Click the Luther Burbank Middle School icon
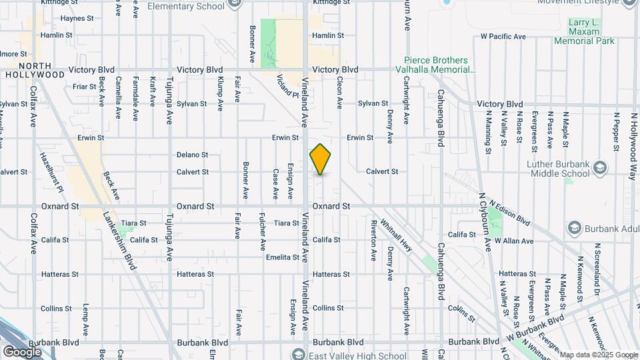[599, 167]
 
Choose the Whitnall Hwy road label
[396, 238]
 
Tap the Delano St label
[193, 155]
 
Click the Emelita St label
[282, 257]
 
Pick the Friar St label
[85, 87]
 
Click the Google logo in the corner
[22, 351]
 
